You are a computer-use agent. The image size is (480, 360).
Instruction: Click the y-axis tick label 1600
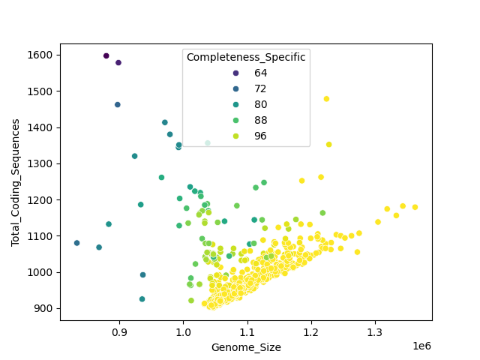pyautogui.click(x=41, y=55)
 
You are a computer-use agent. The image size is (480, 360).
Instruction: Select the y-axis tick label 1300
pyautogui.click(x=41, y=163)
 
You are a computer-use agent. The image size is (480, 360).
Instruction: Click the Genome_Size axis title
pyautogui.click(x=246, y=347)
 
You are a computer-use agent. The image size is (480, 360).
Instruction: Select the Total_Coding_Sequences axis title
pyautogui.click(x=15, y=182)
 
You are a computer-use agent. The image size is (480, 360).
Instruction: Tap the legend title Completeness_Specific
pyautogui.click(x=246, y=58)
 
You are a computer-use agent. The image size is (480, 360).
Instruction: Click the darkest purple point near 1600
pyautogui.click(x=106, y=55)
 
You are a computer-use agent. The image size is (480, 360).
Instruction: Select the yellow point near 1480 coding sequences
pyautogui.click(x=326, y=99)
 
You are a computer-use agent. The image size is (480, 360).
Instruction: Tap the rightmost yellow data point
pyautogui.click(x=415, y=207)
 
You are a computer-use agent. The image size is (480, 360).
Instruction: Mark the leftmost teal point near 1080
pyautogui.click(x=76, y=243)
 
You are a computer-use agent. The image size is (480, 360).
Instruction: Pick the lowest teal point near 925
pyautogui.click(x=142, y=299)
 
